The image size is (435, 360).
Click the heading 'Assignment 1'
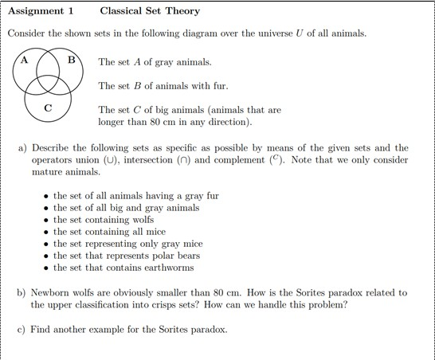click(39, 11)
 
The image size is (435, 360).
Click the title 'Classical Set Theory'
click(151, 11)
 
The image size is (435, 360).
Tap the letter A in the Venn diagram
click(25, 60)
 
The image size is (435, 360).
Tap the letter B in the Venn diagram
click(72, 60)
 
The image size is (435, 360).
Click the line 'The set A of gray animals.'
click(155, 62)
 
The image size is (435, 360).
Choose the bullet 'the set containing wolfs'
click(103, 220)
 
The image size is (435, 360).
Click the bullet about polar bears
click(126, 256)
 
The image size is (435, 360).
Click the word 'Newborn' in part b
click(51, 292)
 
